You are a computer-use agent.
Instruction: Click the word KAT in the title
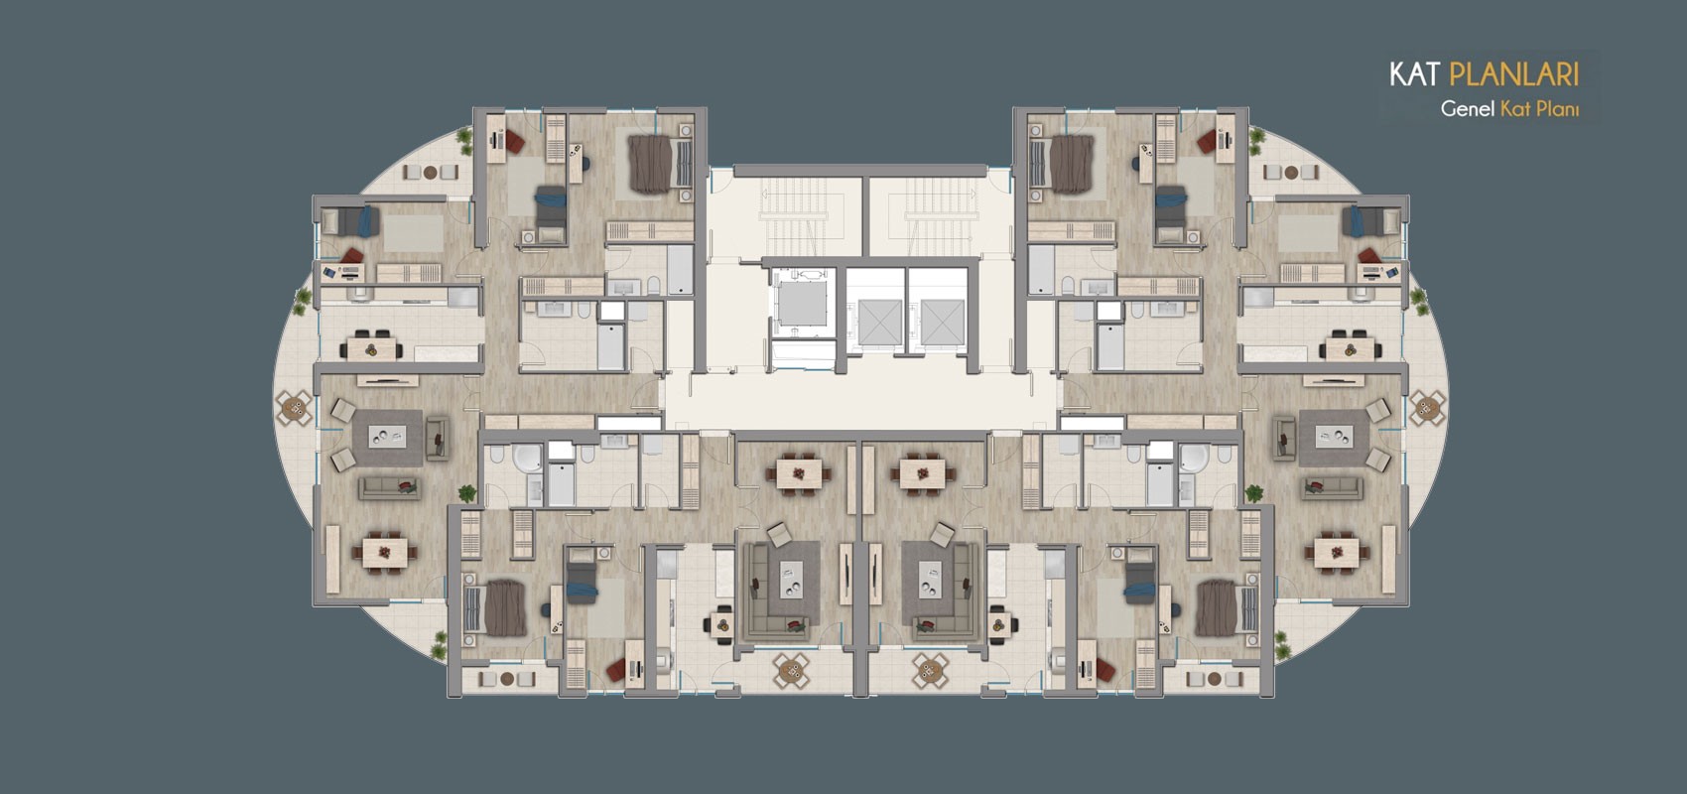click(1414, 74)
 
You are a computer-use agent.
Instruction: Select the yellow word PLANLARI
click(1513, 74)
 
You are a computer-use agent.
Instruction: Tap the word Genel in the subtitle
click(1467, 109)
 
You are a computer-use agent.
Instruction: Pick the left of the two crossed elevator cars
click(879, 322)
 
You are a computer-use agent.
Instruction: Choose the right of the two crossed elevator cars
click(942, 322)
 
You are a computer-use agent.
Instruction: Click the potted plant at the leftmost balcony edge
click(303, 298)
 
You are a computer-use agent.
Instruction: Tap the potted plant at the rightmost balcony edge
click(1419, 299)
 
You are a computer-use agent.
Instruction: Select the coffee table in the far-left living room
click(387, 436)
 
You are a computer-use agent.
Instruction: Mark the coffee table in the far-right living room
click(1334, 436)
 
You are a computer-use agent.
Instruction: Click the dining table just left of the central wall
click(798, 473)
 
